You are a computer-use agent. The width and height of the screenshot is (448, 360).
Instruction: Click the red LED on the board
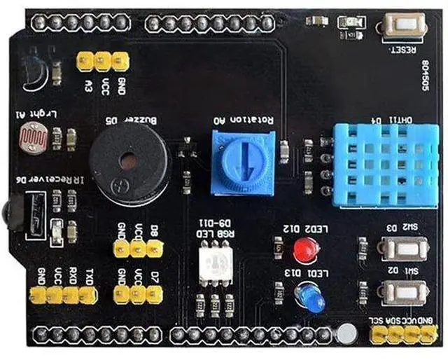coord(304,249)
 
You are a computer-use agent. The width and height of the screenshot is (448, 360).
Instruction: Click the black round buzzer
coord(128,162)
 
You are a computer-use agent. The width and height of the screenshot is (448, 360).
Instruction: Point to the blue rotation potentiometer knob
coord(241,165)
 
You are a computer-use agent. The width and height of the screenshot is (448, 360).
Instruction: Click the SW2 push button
coord(403,248)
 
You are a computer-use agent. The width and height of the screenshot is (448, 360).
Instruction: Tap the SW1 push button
coord(403,292)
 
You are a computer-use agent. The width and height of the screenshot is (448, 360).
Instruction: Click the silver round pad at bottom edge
coord(343,334)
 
